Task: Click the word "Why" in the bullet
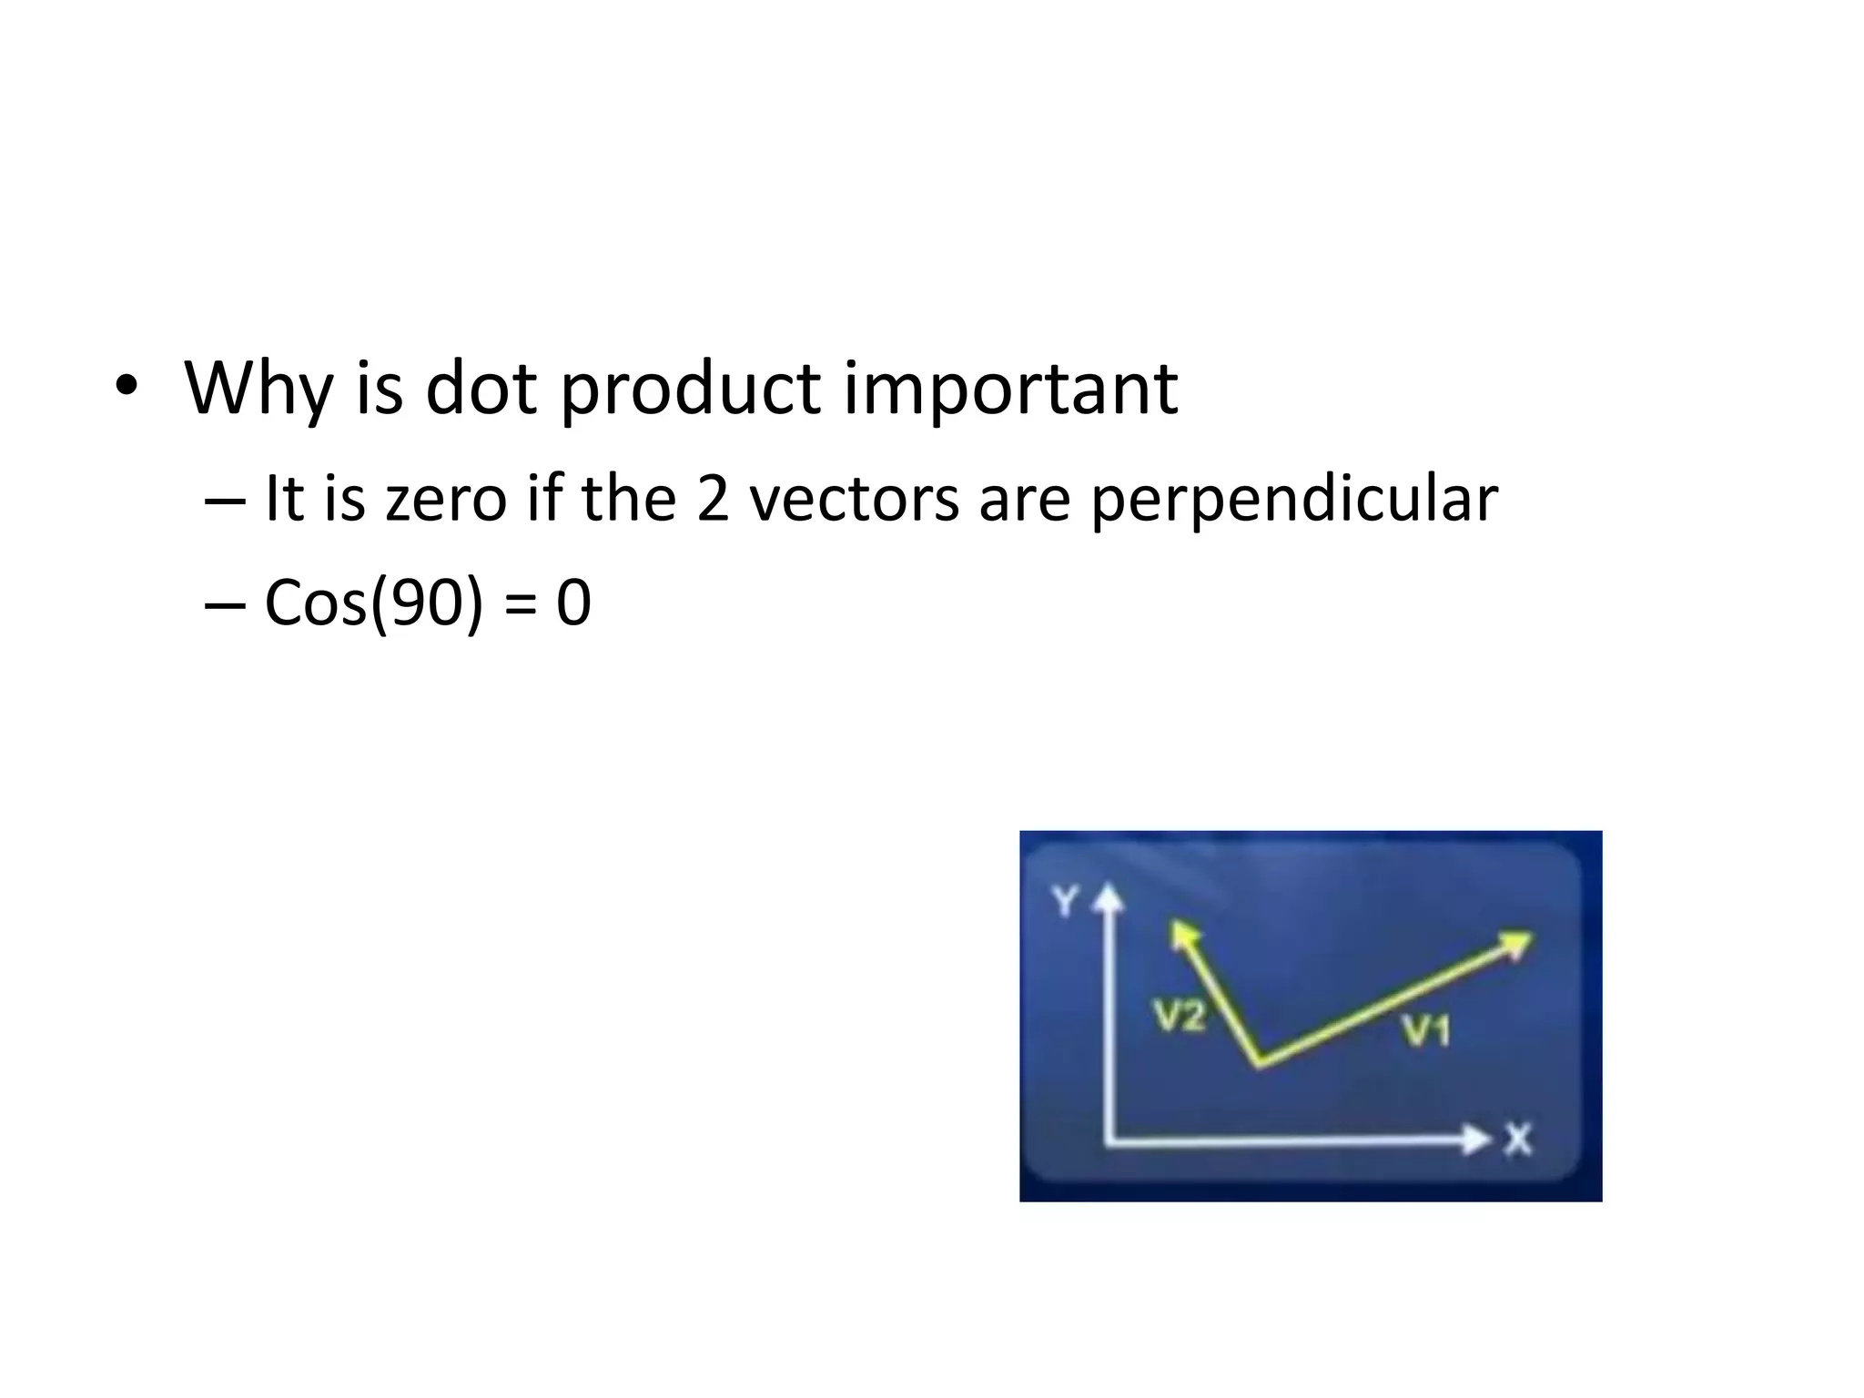point(257,389)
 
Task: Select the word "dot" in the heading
point(481,389)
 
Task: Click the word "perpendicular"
point(1293,501)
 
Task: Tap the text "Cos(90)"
point(373,603)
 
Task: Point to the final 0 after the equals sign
point(573,603)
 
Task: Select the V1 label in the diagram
point(1425,1031)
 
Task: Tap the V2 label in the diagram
point(1180,1016)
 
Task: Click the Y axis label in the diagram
point(1064,902)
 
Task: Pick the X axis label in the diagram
point(1517,1140)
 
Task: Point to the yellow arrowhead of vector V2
point(1182,933)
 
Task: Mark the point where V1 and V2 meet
point(1260,1064)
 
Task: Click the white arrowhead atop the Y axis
point(1108,899)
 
